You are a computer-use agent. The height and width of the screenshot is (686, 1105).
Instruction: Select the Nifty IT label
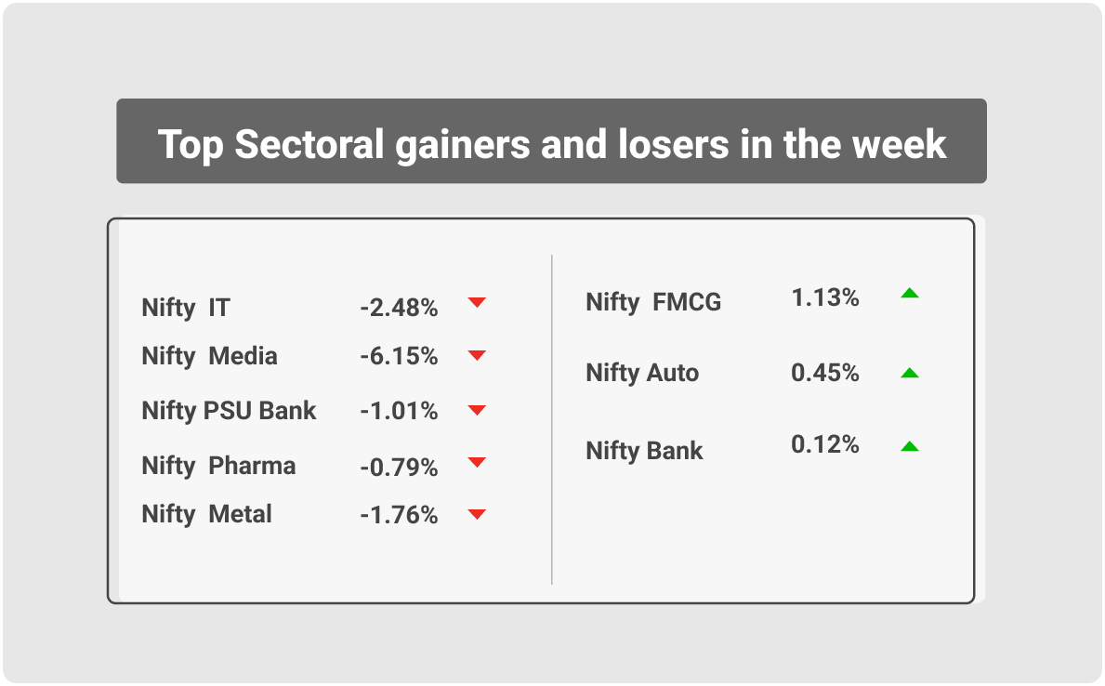pyautogui.click(x=185, y=308)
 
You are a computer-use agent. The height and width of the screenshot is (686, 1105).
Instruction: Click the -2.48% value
pyautogui.click(x=399, y=308)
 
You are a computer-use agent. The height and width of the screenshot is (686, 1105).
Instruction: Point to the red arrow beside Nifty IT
pyautogui.click(x=477, y=302)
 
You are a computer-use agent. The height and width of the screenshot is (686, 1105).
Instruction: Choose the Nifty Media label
pyautogui.click(x=209, y=356)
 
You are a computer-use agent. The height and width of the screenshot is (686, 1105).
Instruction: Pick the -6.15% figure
pyautogui.click(x=399, y=356)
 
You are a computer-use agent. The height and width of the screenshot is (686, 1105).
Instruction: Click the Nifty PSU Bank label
pyautogui.click(x=229, y=411)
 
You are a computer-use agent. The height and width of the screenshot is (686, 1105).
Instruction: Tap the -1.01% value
pyautogui.click(x=399, y=411)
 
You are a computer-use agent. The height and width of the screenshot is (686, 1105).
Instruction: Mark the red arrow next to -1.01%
pyautogui.click(x=477, y=410)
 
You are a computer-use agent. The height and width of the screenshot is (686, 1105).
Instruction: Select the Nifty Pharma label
pyautogui.click(x=218, y=466)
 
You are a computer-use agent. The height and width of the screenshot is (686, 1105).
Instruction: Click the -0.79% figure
pyautogui.click(x=399, y=468)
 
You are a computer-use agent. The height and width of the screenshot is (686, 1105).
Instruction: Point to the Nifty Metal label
pyautogui.click(x=206, y=514)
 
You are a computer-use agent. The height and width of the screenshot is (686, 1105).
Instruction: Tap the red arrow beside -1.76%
pyautogui.click(x=477, y=515)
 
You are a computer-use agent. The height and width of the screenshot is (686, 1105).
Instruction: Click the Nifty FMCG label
pyautogui.click(x=653, y=302)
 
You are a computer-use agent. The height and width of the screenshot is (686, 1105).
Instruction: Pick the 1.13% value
pyautogui.click(x=825, y=297)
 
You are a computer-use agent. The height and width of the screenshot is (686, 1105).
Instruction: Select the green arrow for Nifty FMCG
pyautogui.click(x=910, y=293)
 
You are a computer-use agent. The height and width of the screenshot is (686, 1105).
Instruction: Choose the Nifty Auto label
pyautogui.click(x=642, y=373)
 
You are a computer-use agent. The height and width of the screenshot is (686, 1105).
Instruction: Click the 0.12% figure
pyautogui.click(x=825, y=444)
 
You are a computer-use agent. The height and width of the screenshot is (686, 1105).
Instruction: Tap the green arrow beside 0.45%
pyautogui.click(x=910, y=373)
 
